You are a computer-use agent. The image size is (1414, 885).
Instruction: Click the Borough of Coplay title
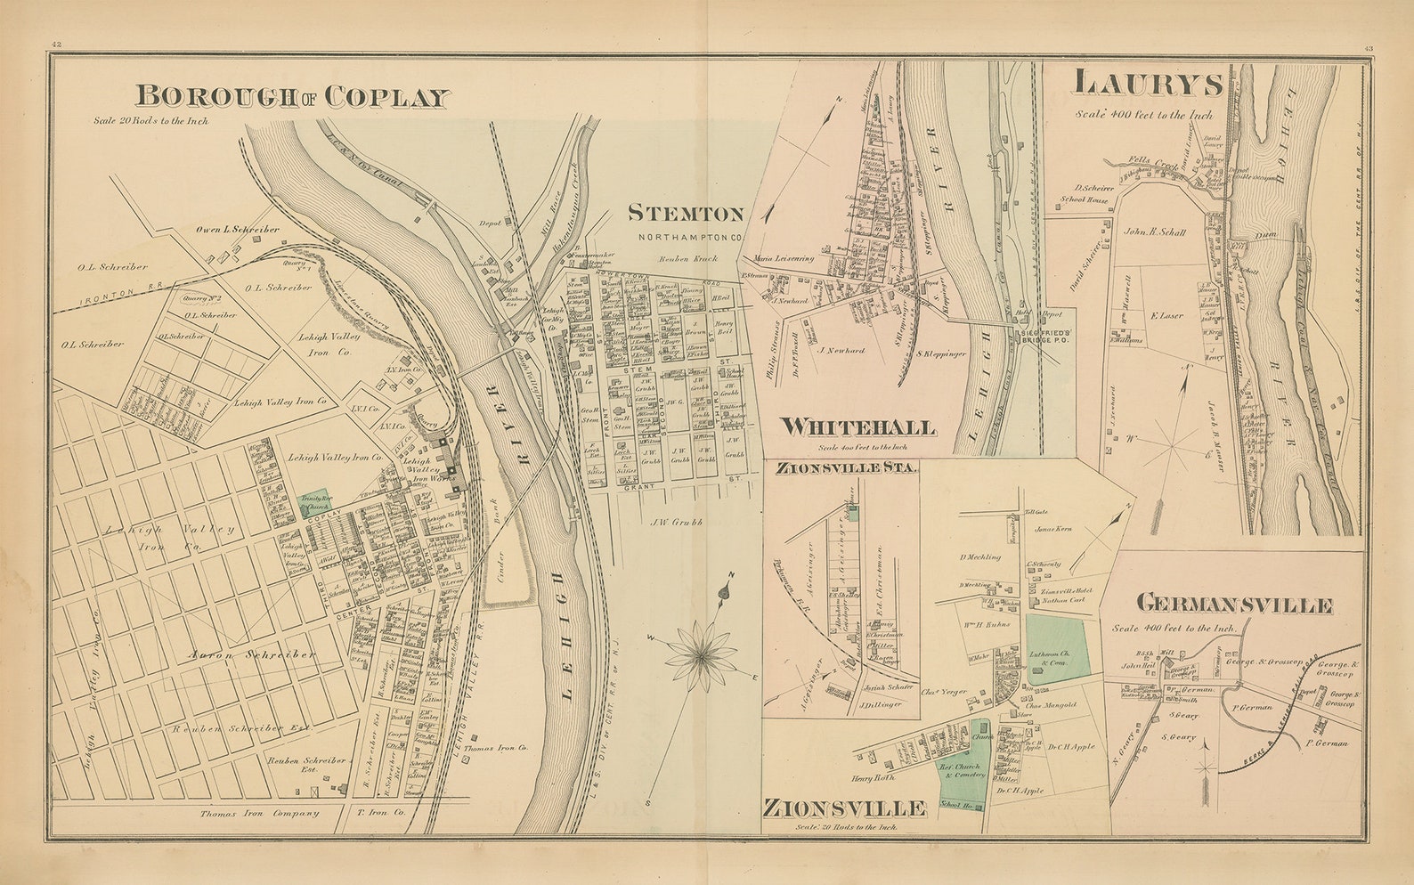(x=291, y=96)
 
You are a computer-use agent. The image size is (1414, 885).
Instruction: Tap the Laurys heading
(x=1148, y=83)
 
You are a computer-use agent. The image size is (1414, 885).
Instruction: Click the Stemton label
(x=685, y=213)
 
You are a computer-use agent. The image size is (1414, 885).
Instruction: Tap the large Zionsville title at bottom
(x=843, y=808)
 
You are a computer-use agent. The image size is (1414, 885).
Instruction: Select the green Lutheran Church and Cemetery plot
(x=1057, y=649)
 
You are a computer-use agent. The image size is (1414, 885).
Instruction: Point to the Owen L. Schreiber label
(x=237, y=230)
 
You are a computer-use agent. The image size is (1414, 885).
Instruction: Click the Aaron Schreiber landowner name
(x=252, y=654)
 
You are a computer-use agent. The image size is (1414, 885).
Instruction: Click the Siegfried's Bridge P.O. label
(x=1044, y=336)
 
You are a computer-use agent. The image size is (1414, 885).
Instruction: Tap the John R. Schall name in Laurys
(x=1155, y=232)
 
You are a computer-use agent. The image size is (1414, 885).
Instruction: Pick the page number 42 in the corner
(x=56, y=45)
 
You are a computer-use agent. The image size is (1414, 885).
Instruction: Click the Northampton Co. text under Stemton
(x=689, y=237)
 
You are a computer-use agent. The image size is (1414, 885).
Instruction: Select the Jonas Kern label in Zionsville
(x=1055, y=529)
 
